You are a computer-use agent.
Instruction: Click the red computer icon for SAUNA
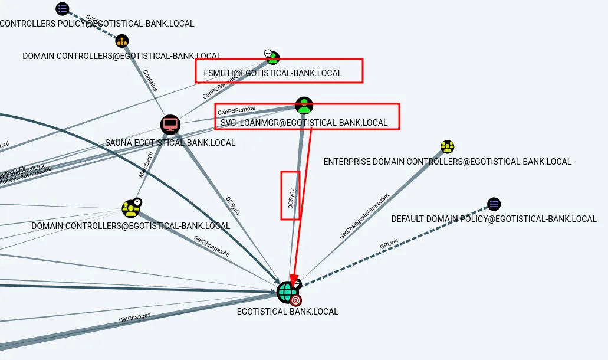pyautogui.click(x=170, y=125)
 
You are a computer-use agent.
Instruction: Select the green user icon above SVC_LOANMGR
pyautogui.click(x=304, y=106)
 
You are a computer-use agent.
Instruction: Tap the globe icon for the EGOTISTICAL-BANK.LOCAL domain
pyautogui.click(x=287, y=292)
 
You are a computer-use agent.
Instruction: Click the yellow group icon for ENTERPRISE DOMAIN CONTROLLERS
pyautogui.click(x=448, y=147)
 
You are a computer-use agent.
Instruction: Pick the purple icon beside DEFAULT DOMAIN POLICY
pyautogui.click(x=494, y=204)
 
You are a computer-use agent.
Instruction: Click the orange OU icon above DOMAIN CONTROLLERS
pyautogui.click(x=122, y=41)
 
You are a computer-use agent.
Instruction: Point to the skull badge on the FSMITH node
pyautogui.click(x=268, y=54)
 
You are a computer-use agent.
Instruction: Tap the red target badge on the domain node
pyautogui.click(x=295, y=300)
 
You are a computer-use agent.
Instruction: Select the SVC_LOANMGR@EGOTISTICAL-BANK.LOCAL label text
pyautogui.click(x=304, y=123)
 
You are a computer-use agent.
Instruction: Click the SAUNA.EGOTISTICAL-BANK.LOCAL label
pyautogui.click(x=170, y=143)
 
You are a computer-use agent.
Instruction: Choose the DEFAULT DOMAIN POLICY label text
pyautogui.click(x=494, y=219)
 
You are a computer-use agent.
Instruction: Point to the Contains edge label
pyautogui.click(x=150, y=81)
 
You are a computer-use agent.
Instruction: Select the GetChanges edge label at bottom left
pyautogui.click(x=134, y=318)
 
